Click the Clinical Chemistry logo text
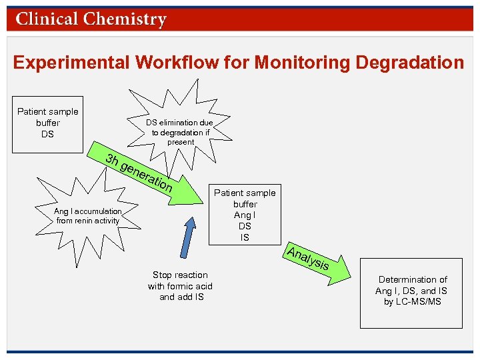pos(91,19)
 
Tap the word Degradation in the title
pos(409,63)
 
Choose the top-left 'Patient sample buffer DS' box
pos(48,123)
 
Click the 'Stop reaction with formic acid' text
pos(180,286)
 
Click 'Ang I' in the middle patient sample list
pos(245,215)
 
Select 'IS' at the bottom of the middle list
pos(245,237)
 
